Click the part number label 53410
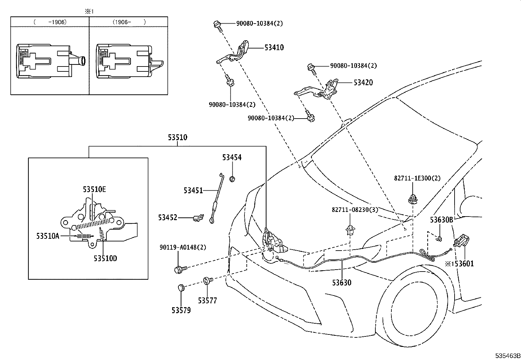274,47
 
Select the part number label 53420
363,83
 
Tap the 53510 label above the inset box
177,137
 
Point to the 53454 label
232,158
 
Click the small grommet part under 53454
232,179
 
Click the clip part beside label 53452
198,217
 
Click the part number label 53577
207,300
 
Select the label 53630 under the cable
342,282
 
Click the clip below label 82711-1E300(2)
412,199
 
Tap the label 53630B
441,220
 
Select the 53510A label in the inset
47,236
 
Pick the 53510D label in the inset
105,258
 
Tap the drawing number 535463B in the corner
507,356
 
